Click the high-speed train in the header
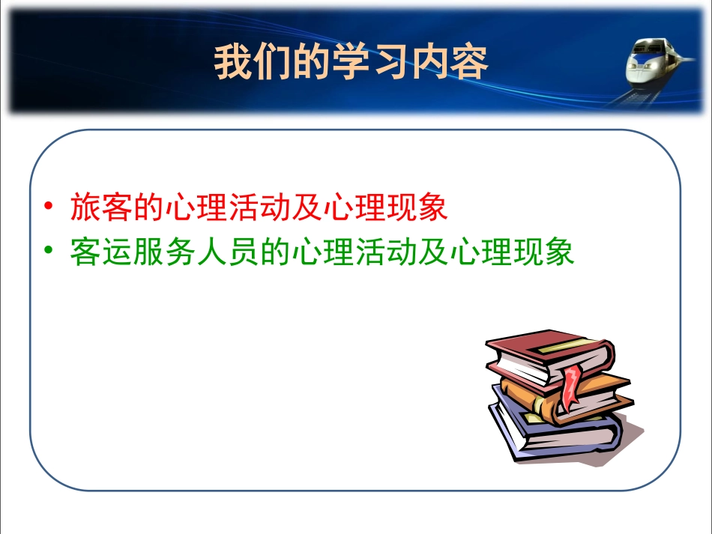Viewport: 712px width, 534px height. coord(654,64)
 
